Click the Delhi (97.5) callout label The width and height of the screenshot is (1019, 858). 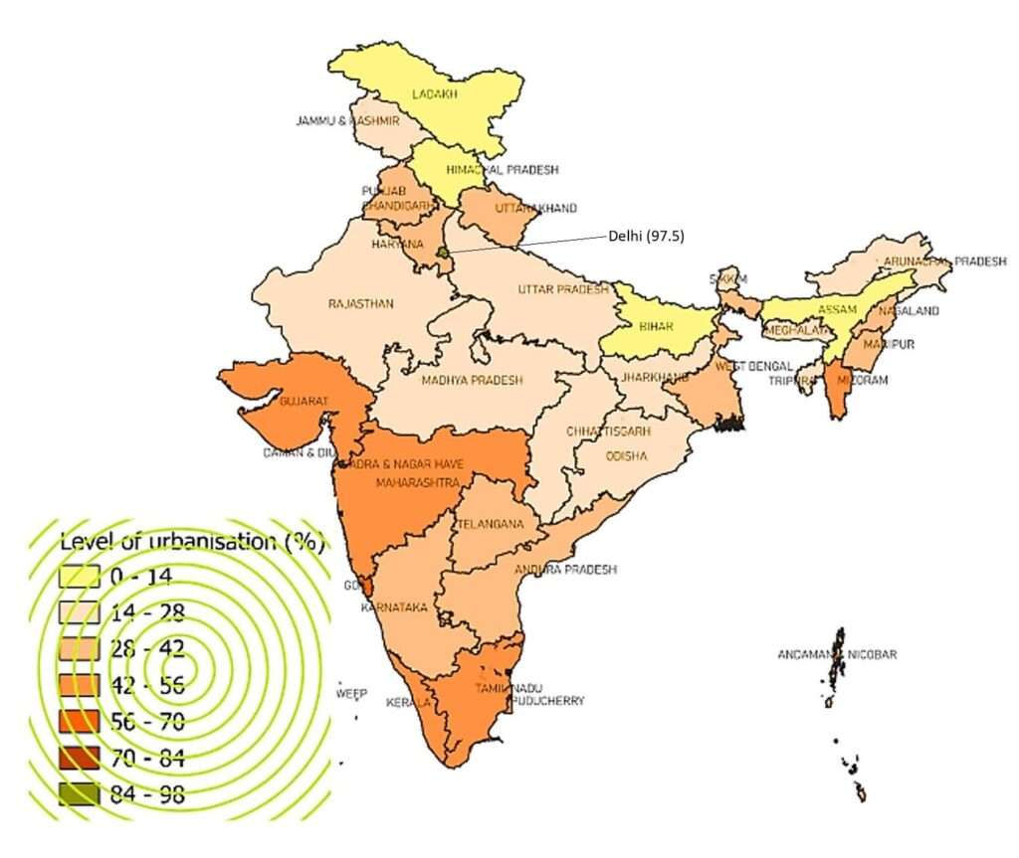646,237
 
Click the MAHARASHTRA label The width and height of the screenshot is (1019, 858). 418,483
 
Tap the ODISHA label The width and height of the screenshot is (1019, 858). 628,456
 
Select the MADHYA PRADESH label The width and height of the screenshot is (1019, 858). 472,380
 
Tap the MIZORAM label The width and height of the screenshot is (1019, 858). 862,380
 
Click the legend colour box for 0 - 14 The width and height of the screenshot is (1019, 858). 79,577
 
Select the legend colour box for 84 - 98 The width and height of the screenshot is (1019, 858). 79,793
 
